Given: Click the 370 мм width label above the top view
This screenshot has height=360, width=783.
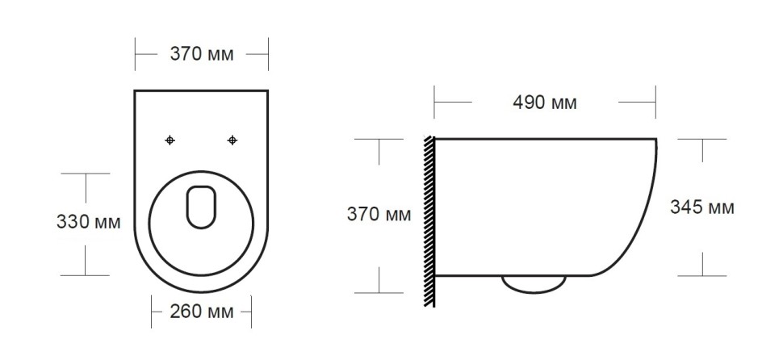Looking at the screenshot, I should [x=201, y=55].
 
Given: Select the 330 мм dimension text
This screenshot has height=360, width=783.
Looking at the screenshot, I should [x=89, y=222].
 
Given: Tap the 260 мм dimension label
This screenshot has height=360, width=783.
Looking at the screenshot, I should [x=201, y=312].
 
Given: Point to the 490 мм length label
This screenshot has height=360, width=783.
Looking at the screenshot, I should [x=545, y=103].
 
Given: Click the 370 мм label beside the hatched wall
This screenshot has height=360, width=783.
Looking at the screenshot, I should [x=379, y=215].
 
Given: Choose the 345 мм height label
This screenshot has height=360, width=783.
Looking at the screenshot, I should [x=702, y=207].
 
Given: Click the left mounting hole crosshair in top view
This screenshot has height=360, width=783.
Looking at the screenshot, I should [x=170, y=140].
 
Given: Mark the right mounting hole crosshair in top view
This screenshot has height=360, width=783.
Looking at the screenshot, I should [x=232, y=140].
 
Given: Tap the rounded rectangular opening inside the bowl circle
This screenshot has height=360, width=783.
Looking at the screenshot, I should [x=202, y=207].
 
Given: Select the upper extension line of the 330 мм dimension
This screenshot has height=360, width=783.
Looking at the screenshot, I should [x=85, y=174].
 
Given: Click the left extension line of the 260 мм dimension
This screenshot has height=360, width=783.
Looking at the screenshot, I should [x=152, y=311].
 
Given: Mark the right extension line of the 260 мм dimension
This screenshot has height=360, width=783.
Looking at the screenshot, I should [x=252, y=311].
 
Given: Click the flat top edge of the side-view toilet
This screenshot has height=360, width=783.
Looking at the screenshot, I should [x=545, y=139].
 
